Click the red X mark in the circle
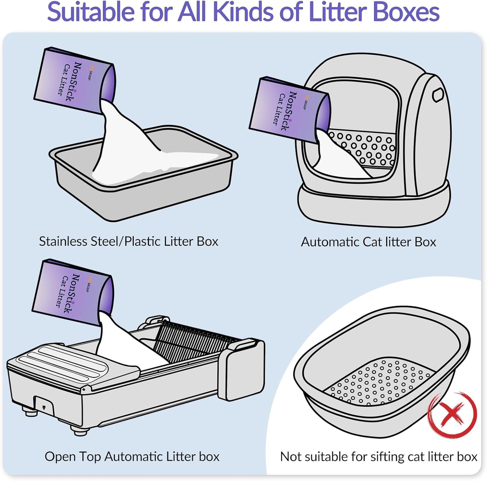452,415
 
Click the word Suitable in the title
90,12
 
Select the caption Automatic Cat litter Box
368,242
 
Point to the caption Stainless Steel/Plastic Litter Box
128,241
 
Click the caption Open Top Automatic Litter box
132,456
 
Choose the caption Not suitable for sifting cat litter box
378,456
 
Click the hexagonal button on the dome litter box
437,95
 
